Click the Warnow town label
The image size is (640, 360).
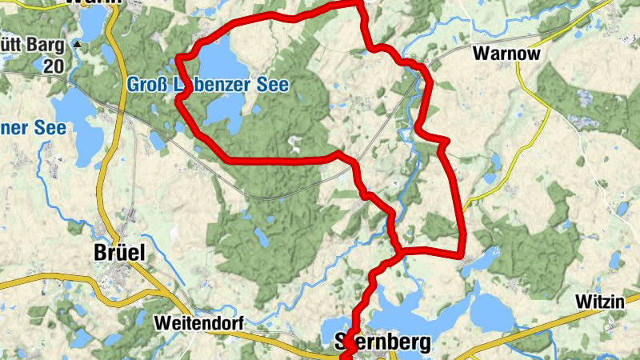coord(507,54)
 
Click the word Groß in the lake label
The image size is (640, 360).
coord(145,84)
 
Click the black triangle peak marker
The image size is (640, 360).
coord(77,44)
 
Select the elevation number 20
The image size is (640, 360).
coord(54,66)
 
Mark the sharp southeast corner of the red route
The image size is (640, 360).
coord(462,255)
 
